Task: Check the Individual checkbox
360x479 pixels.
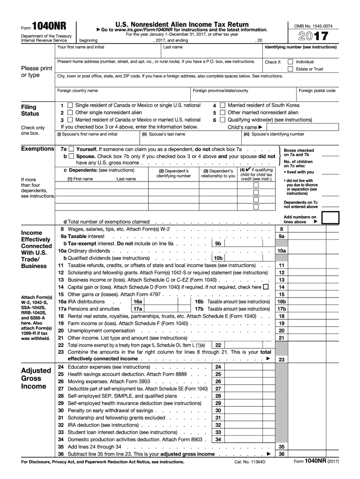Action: (x=290, y=62)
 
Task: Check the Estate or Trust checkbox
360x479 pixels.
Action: (x=290, y=69)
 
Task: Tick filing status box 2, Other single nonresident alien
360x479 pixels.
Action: (x=70, y=113)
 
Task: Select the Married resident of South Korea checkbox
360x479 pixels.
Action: (x=223, y=106)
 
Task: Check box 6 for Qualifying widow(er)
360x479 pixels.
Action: (x=223, y=120)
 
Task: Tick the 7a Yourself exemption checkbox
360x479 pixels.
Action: (x=72, y=149)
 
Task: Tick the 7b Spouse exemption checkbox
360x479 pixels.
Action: (x=72, y=156)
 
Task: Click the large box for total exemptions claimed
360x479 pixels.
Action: (x=331, y=218)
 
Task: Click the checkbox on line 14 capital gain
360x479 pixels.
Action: (x=266, y=287)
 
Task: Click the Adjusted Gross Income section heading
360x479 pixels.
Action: (x=33, y=378)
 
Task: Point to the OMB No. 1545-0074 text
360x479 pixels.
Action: (x=314, y=26)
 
